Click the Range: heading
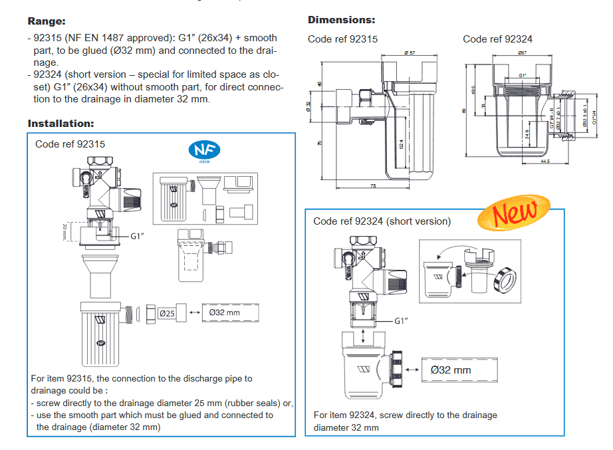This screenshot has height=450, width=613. tap(47, 21)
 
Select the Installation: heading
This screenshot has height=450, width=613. tap(61, 123)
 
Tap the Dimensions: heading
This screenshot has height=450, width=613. tap(341, 20)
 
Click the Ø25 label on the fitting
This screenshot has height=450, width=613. tap(167, 312)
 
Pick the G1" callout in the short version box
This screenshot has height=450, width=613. tap(400, 320)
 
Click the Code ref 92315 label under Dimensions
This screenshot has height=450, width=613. tap(342, 39)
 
